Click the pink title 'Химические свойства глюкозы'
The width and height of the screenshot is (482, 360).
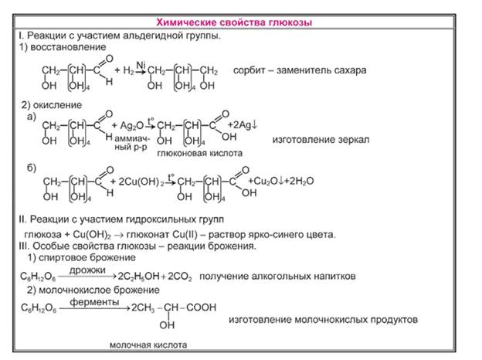point(234,22)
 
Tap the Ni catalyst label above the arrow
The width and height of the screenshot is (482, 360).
point(141,65)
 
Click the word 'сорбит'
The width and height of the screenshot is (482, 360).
point(249,70)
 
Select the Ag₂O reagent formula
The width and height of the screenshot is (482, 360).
point(132,125)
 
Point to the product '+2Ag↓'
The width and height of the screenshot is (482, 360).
point(243,125)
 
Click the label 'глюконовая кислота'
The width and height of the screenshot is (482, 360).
point(199,153)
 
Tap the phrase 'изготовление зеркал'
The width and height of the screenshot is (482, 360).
point(321,140)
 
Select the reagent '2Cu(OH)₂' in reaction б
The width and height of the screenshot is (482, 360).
point(141,182)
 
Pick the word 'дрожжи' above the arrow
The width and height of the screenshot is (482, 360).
point(87,270)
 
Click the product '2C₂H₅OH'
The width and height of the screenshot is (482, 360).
point(138,277)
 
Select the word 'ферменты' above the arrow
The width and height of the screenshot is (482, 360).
point(94,303)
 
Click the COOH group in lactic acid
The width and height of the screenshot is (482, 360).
point(202,307)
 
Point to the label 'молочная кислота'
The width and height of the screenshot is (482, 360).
point(148,345)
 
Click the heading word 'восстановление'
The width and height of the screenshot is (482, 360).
point(68,47)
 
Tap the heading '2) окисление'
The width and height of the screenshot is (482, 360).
point(52,105)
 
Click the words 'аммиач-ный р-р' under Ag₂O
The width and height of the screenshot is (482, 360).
point(132,143)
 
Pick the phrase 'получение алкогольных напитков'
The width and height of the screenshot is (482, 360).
point(277,276)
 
